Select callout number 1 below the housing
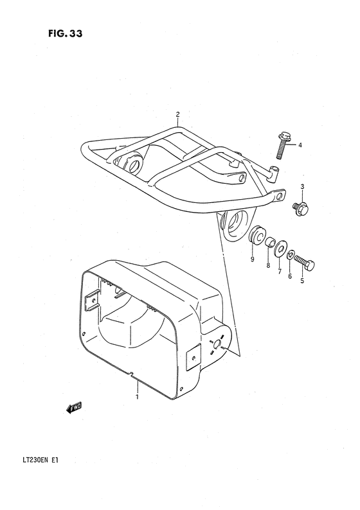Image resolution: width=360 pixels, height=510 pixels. tap(136, 397)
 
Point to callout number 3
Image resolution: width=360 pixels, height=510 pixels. tap(301, 187)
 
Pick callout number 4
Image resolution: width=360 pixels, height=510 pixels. tap(300, 145)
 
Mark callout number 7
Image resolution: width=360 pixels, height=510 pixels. tap(279, 272)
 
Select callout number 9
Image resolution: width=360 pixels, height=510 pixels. tap(252, 259)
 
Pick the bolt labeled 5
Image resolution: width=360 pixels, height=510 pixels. tap(307, 263)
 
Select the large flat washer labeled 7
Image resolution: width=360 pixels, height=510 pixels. tap(282, 249)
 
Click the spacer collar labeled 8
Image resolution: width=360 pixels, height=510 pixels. tap(271, 243)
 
